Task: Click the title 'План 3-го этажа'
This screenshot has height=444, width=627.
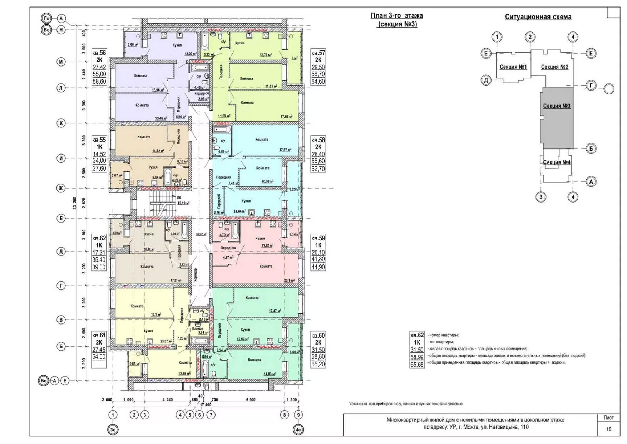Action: [396, 16]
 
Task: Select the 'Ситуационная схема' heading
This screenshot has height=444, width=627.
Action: [538, 17]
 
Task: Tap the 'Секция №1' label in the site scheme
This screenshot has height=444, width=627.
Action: [513, 67]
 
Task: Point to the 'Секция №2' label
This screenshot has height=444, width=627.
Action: [554, 67]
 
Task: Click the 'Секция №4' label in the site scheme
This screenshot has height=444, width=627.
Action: [557, 162]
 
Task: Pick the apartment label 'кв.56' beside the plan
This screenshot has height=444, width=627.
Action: [99, 53]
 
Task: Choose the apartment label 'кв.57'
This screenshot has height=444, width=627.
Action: [318, 53]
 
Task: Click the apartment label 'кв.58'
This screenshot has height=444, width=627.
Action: [318, 140]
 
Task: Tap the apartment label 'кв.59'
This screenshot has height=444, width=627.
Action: [318, 238]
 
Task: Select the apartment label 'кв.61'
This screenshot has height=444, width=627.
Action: [99, 335]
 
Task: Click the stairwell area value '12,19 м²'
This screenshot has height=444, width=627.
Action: [183, 203]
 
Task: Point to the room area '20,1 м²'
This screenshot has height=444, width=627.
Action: [289, 280]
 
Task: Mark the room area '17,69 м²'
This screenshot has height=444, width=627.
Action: [286, 117]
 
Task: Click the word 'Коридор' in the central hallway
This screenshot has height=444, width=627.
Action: [195, 275]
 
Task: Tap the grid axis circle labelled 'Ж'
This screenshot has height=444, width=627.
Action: [61, 188]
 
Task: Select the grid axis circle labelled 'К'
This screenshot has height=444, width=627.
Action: [61, 123]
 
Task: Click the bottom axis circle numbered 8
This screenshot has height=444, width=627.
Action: [285, 415]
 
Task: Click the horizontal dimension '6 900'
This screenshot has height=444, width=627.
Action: [251, 400]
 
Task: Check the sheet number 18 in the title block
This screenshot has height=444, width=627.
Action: [608, 429]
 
